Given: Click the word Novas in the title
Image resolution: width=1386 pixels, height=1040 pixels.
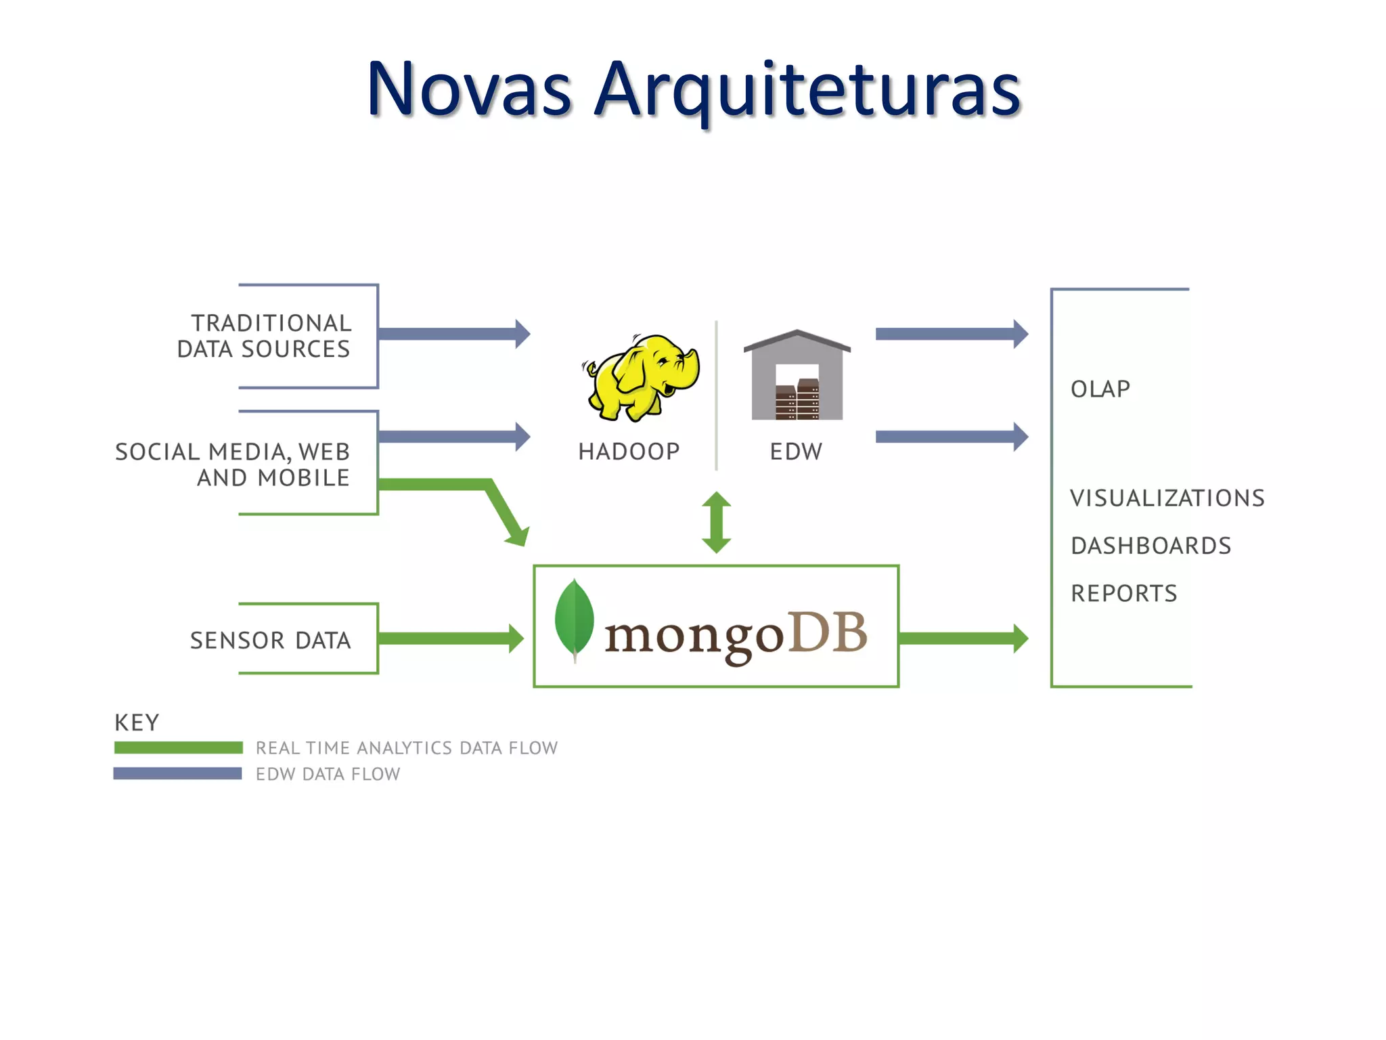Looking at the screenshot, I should coord(469,89).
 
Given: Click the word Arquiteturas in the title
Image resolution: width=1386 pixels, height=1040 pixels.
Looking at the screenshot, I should coord(807,91).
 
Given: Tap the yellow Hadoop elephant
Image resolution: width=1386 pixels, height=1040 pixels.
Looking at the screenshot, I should coord(640,378).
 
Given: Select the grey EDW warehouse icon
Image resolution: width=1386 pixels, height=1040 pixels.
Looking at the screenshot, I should coord(797,376).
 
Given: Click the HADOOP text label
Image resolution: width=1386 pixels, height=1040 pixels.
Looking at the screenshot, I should coord(629,452).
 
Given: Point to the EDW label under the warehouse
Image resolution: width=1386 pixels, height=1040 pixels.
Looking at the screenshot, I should coord(796,452).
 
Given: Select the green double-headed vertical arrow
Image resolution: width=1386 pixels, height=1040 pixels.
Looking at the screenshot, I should coord(716,522).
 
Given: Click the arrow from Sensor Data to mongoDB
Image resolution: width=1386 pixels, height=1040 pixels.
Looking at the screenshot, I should coord(450,638).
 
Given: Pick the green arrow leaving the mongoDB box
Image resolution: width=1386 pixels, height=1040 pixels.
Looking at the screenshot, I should coord(962,638).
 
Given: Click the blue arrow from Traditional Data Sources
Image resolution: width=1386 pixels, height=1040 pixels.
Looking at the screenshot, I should coord(453,334).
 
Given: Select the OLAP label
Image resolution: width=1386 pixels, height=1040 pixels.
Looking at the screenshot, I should coord(1100,389).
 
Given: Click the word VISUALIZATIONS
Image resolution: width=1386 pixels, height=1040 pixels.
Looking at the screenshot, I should coord(1167,498).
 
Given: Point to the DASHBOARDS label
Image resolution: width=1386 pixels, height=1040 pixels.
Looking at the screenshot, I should coord(1150,546).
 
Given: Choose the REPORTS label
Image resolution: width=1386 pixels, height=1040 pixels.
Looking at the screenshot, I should coord(1123,594).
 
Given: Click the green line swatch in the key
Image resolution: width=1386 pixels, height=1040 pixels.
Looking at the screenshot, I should coord(178,747).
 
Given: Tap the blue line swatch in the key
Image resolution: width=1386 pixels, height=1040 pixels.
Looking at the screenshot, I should coord(177,773).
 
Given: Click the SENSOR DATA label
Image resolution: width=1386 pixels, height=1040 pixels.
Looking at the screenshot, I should coord(270,641).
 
